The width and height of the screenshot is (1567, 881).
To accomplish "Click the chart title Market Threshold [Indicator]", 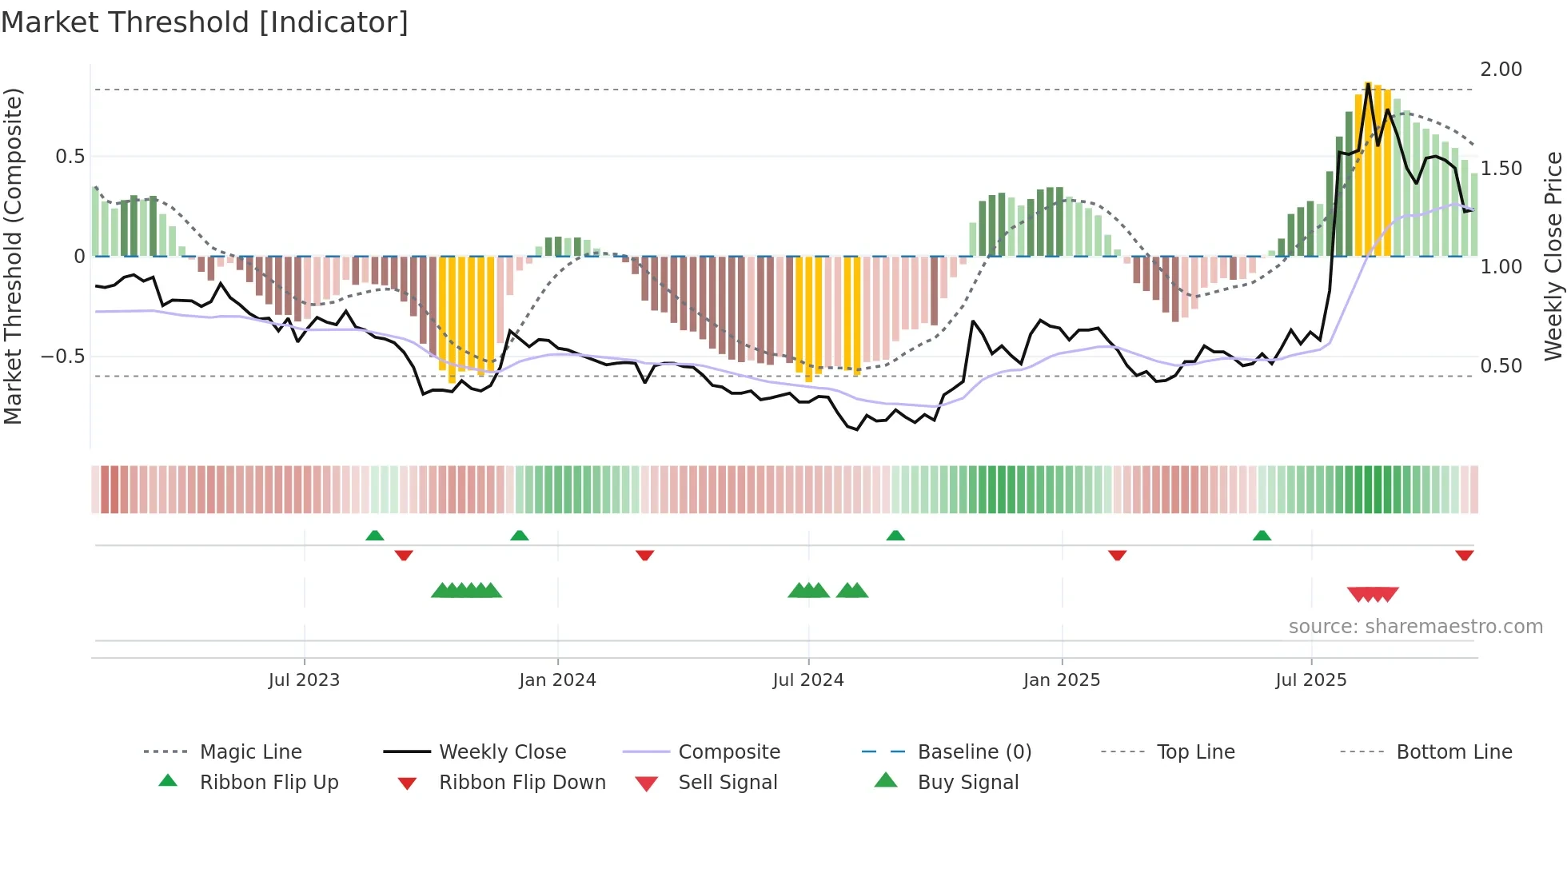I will tap(205, 22).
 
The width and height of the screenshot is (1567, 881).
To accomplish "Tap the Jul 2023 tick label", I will tap(304, 680).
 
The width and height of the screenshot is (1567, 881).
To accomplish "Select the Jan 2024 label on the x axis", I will tap(557, 680).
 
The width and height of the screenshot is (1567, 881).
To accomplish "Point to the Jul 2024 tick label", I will tap(808, 680).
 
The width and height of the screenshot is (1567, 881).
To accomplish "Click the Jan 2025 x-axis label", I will tap(1062, 680).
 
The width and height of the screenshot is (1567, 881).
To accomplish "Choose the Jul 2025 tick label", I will tap(1311, 680).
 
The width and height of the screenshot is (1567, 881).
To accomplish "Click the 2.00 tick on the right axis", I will tap(1501, 70).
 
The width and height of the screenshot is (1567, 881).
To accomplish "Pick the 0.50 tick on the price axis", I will tap(1501, 366).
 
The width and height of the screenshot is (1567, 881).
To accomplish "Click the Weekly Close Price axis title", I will tap(1553, 256).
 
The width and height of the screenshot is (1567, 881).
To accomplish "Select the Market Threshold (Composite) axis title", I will tap(13, 256).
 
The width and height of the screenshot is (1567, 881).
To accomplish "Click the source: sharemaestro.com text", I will tap(1415, 627).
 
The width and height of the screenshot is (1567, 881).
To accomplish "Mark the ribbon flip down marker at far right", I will tap(1464, 555).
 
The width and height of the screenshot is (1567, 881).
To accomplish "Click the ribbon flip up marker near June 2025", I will tap(1262, 536).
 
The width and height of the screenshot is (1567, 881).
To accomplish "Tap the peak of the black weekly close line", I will tap(1368, 84).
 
